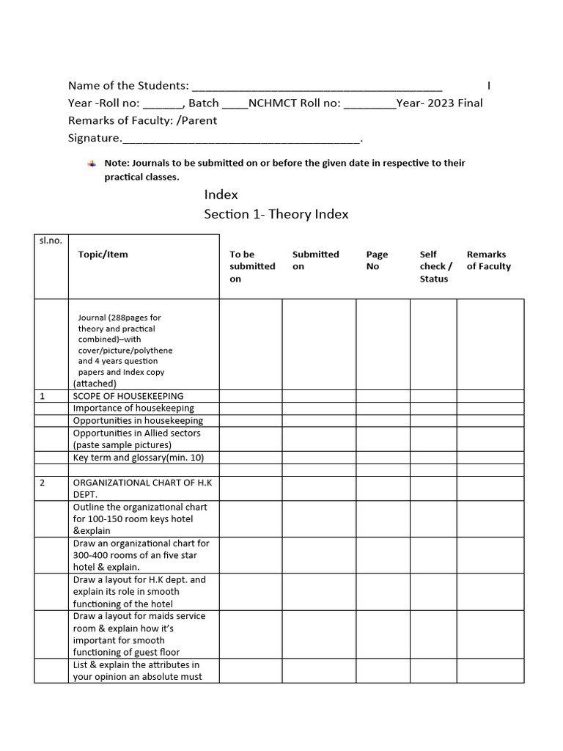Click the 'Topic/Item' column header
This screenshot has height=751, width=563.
click(103, 254)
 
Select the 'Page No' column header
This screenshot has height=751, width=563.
click(377, 260)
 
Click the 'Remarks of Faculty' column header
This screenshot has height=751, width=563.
click(488, 260)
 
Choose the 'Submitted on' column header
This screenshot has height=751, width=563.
click(315, 260)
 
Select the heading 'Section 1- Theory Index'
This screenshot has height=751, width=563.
click(276, 214)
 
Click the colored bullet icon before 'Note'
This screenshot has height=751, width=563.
click(91, 163)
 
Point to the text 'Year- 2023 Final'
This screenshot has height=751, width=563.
click(439, 103)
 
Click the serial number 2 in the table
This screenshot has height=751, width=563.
click(43, 483)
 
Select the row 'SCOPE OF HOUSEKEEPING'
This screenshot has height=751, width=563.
click(128, 396)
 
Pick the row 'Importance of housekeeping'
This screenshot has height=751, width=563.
click(133, 409)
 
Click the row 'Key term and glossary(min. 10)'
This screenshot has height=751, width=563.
click(138, 458)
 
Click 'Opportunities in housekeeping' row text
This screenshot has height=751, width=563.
click(137, 421)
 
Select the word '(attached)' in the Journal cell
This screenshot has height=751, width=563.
click(94, 383)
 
